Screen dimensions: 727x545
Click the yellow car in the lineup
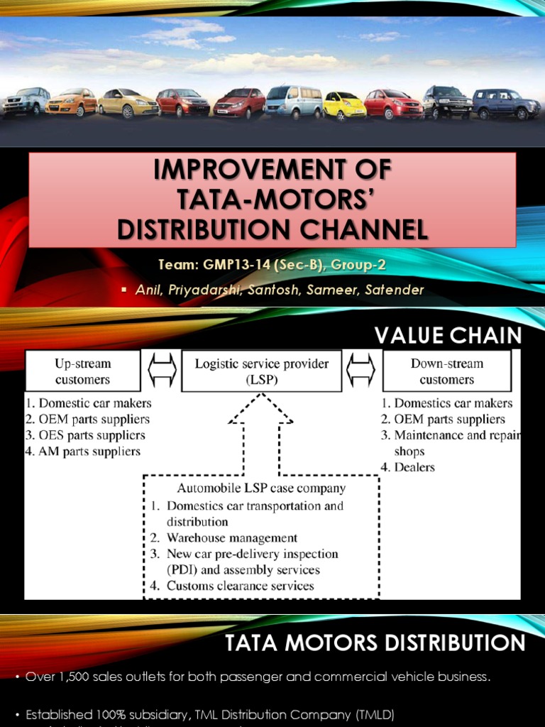[344, 106]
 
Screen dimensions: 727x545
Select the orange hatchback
[71, 102]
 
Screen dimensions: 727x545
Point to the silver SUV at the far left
[26, 102]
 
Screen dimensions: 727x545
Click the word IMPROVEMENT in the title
[272, 170]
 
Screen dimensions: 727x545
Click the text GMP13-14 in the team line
[238, 266]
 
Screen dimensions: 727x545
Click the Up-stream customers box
[83, 371]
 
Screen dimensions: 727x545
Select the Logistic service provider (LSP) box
[262, 371]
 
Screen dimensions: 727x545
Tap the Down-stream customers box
[446, 371]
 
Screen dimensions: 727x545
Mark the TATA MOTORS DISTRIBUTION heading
[375, 643]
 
